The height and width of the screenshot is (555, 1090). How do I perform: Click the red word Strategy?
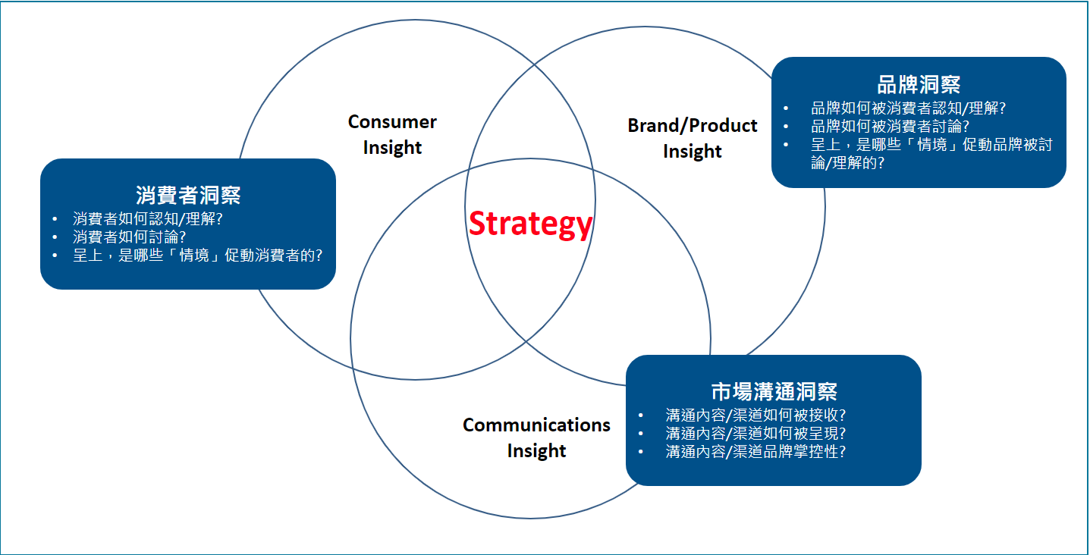[530, 224]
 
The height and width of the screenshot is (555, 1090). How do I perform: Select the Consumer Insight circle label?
[392, 134]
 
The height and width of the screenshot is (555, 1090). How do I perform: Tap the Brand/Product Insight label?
[692, 138]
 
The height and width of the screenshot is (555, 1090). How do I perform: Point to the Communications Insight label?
[536, 437]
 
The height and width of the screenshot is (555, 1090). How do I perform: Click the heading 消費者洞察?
[188, 195]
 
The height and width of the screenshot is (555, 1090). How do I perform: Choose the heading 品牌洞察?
[919, 84]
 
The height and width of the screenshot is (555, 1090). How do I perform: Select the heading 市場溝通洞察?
[774, 391]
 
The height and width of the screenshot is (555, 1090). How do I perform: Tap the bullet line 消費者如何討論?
[130, 237]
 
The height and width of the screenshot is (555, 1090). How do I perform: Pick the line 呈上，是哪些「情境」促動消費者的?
[198, 256]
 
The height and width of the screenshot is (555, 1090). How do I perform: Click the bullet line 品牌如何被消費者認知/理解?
[909, 108]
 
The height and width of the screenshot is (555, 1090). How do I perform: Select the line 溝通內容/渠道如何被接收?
[755, 415]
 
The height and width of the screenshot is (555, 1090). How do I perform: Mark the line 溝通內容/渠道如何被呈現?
[755, 433]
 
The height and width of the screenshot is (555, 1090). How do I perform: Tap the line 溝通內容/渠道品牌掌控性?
[755, 451]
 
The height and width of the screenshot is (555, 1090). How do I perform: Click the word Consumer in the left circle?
[392, 121]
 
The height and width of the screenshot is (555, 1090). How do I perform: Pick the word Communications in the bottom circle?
[536, 425]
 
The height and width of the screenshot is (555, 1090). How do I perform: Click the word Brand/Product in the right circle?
[692, 125]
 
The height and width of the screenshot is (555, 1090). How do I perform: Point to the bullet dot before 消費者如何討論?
[55, 237]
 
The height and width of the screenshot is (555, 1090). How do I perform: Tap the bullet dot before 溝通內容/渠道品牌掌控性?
[641, 451]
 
